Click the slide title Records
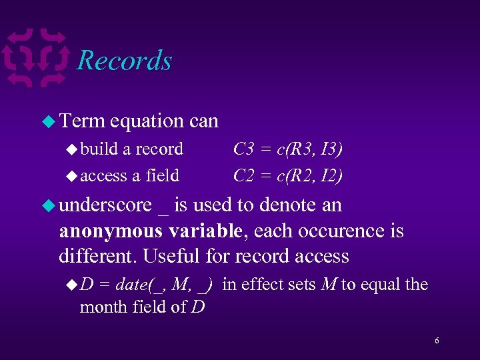click(x=124, y=61)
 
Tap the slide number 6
click(x=437, y=341)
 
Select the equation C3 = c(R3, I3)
click(x=288, y=149)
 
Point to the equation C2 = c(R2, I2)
click(x=288, y=175)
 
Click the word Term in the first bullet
click(x=82, y=121)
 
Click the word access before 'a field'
click(x=103, y=176)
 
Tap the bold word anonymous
click(x=111, y=231)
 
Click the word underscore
click(x=105, y=205)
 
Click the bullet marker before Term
click(x=48, y=121)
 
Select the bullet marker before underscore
click(x=48, y=205)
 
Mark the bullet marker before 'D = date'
click(x=72, y=285)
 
